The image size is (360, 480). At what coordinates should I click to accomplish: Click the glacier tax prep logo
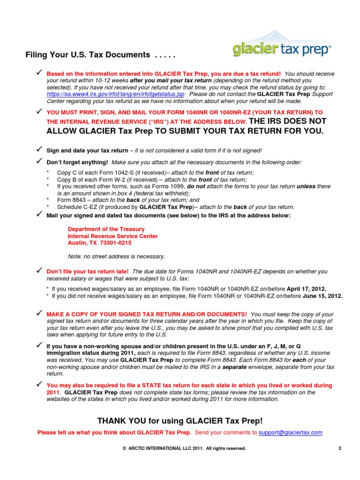click(x=281, y=46)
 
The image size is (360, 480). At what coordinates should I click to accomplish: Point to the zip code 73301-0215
click(x=115, y=243)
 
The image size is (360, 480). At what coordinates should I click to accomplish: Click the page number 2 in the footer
click(x=339, y=449)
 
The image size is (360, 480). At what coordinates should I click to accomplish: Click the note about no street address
click(x=117, y=256)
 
